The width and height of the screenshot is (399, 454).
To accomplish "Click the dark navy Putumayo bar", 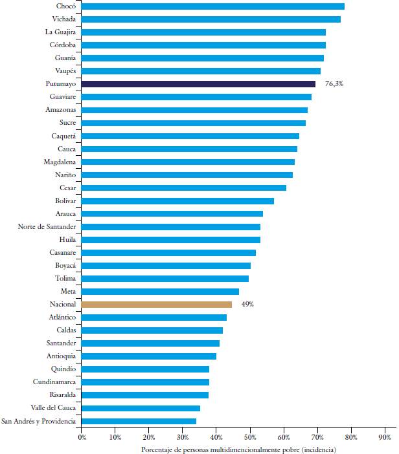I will (x=198, y=84).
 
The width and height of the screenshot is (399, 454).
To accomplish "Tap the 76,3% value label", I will (x=334, y=84).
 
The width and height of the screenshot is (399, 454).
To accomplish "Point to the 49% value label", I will (x=247, y=304).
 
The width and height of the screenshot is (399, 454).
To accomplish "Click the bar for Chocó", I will (x=213, y=6).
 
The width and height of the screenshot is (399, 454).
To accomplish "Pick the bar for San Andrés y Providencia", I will (x=139, y=421).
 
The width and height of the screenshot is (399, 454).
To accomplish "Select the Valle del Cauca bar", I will (x=141, y=408).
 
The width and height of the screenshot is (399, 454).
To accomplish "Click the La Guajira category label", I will (x=60, y=32).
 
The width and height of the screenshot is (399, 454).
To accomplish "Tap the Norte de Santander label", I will (x=47, y=226).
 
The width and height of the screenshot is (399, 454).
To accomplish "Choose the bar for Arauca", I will (x=172, y=213).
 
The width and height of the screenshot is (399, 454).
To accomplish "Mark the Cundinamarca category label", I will (x=56, y=382).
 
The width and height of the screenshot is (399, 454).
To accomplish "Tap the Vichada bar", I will (x=211, y=19).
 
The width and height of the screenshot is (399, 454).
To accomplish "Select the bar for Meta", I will (x=160, y=291).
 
